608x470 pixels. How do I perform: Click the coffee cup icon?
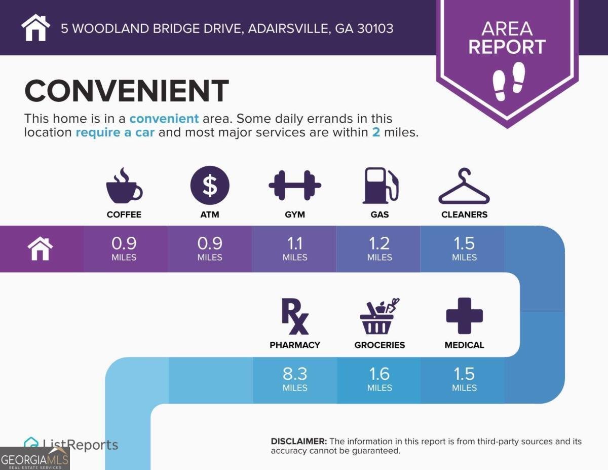pos(124,186)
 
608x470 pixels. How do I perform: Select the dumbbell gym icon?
pos(295,186)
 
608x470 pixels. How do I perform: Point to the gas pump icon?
pos(380,186)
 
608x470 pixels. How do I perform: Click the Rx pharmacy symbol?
pos(295,317)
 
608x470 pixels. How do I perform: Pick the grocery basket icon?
pos(379,316)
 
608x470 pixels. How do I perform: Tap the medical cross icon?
pos(464,316)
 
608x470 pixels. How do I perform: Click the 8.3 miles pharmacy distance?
pos(295,379)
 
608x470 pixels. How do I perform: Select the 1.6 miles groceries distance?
pos(379,379)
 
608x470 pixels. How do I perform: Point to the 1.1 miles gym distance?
pos(295,248)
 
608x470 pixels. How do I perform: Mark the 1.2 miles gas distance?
pos(379,248)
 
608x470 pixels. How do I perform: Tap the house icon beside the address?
pos(36,28)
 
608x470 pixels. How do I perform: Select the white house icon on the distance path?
pos(41,249)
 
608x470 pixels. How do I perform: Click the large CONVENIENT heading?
pos(127,91)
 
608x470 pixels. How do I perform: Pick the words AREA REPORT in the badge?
pos(507,38)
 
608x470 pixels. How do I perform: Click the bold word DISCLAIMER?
pos(299,442)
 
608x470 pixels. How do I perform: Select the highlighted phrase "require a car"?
pos(122,133)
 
